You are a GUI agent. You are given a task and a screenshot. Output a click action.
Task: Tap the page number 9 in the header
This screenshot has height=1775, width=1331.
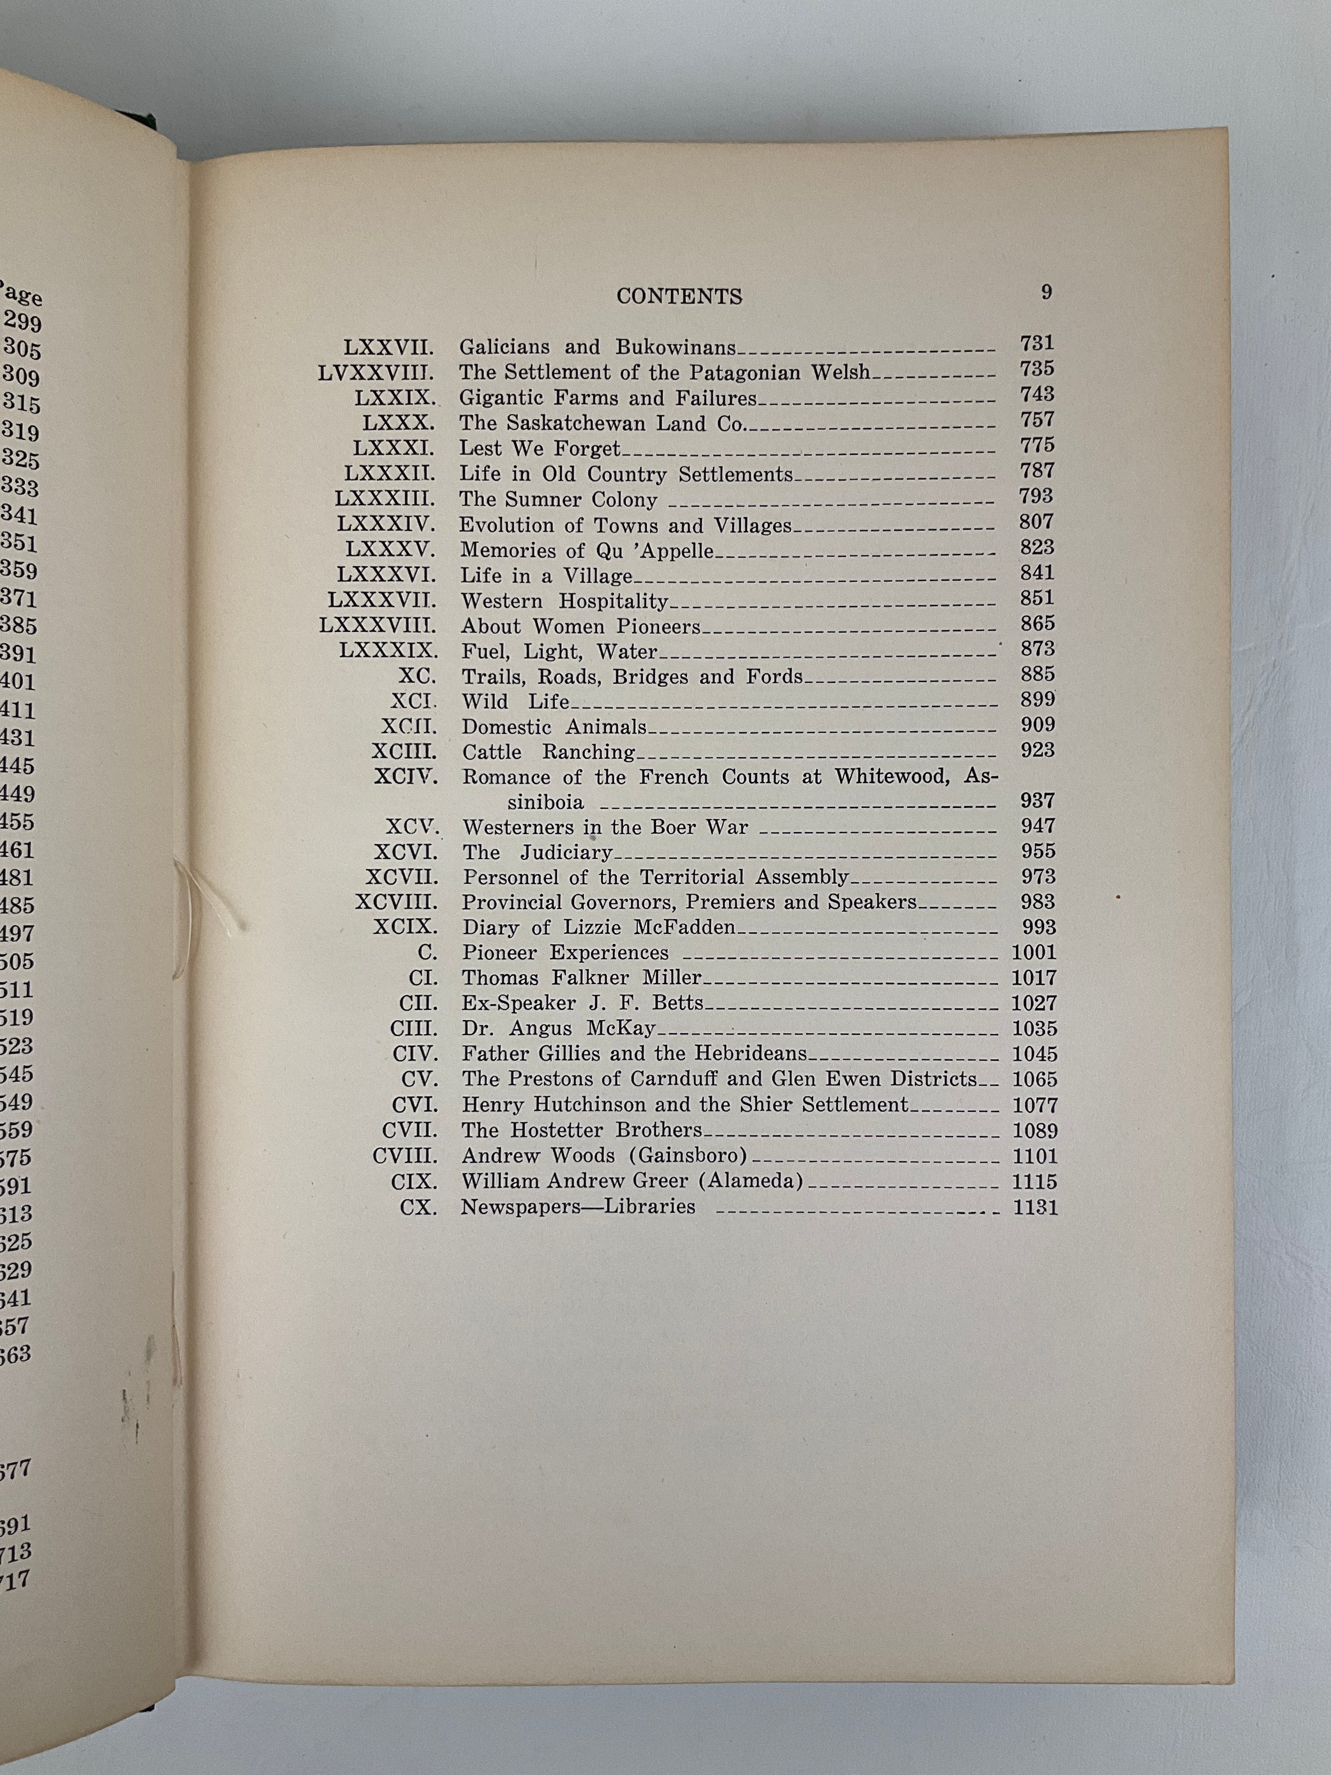pyautogui.click(x=1046, y=292)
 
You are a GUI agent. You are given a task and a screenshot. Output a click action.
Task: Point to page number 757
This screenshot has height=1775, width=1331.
pyautogui.click(x=1037, y=420)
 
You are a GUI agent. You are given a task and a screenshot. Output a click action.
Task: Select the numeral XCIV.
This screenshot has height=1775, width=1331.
pyautogui.click(x=405, y=777)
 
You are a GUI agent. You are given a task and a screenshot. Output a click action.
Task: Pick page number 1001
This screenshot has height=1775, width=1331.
pyautogui.click(x=1034, y=953)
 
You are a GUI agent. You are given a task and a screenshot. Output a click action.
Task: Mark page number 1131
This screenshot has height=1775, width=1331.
pyautogui.click(x=1035, y=1207)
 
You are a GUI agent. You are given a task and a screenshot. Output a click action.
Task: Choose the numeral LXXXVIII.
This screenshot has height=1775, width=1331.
pyautogui.click(x=377, y=626)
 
